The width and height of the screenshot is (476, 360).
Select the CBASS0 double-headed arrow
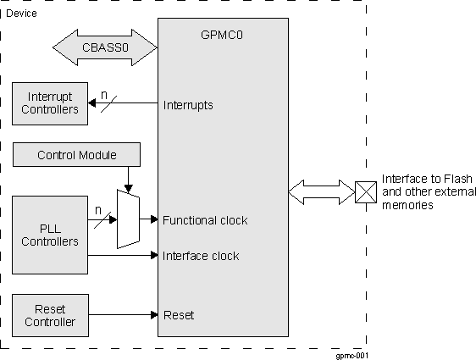(105, 47)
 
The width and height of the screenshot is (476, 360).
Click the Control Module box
(77, 155)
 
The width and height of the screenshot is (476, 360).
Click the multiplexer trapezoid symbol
(127, 219)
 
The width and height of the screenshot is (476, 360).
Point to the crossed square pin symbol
(366, 192)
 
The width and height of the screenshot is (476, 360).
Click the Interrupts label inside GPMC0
(187, 106)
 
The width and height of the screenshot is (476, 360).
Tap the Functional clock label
(205, 220)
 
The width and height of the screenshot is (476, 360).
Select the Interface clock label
(200, 256)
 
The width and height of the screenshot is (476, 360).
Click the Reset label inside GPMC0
(178, 315)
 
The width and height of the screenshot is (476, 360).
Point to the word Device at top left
(22, 13)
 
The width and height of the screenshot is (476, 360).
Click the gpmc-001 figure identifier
(351, 355)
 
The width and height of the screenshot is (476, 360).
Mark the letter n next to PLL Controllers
(99, 209)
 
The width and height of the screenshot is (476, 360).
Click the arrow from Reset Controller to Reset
(124, 315)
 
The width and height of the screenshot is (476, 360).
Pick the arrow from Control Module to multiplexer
(127, 178)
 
